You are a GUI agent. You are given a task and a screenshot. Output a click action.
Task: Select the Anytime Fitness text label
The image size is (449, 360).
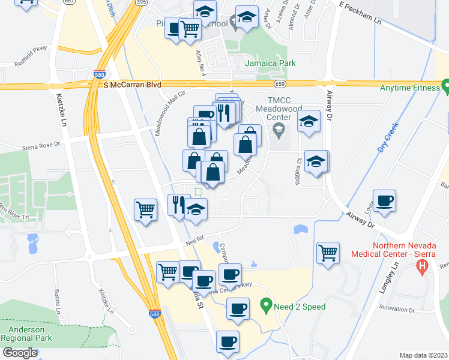point(410,88)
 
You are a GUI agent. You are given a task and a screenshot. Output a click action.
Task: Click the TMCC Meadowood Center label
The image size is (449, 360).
point(277,109)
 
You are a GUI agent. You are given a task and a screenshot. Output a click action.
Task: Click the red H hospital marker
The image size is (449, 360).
point(424,265)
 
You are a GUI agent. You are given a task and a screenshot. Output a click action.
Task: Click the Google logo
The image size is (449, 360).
point(20,353)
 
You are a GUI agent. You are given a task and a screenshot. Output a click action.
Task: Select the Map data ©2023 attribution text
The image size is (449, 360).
point(423,355)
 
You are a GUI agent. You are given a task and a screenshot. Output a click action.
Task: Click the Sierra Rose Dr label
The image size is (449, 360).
point(42,144)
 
